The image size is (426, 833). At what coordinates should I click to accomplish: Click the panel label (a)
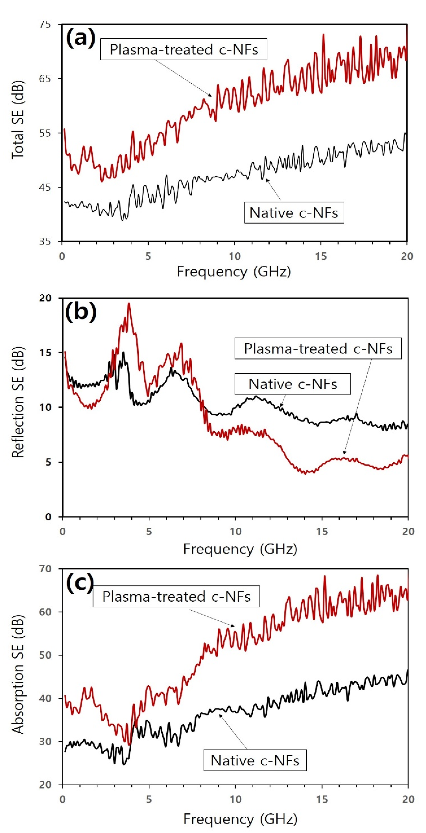pos(81,38)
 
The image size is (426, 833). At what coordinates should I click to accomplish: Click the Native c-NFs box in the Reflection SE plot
pos(293,384)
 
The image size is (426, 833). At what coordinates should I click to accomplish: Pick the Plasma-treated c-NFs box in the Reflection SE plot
pos(318,349)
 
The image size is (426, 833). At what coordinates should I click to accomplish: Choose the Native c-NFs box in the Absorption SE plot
pos(255,760)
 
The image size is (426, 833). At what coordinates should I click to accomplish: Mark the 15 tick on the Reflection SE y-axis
pos(45,353)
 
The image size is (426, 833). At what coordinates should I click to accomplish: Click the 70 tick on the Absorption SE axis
pos(45,569)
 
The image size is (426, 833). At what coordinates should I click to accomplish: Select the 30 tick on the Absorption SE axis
pos(45,742)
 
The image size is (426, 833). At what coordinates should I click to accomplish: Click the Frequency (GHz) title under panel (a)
pos(234,272)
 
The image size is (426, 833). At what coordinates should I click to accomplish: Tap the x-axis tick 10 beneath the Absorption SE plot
pos(235,799)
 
